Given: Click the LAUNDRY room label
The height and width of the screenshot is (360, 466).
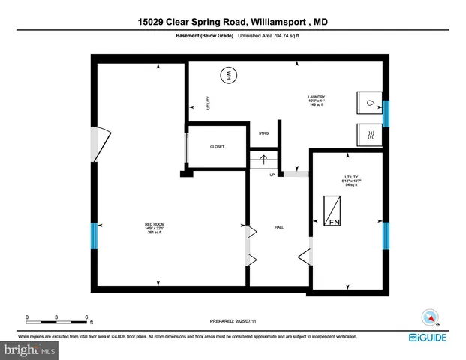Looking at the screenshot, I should pyautogui.click(x=316, y=97).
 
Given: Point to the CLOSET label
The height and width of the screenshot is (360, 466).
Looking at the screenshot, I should pyautogui.click(x=217, y=147).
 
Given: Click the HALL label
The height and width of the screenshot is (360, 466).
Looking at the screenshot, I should pyautogui.click(x=278, y=226).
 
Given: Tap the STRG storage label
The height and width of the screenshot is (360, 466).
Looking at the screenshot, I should pyautogui.click(x=263, y=133).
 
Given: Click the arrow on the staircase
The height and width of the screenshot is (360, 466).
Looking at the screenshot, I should pyautogui.click(x=263, y=158).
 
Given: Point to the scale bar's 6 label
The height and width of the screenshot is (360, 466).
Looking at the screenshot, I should pyautogui.click(x=87, y=317).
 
